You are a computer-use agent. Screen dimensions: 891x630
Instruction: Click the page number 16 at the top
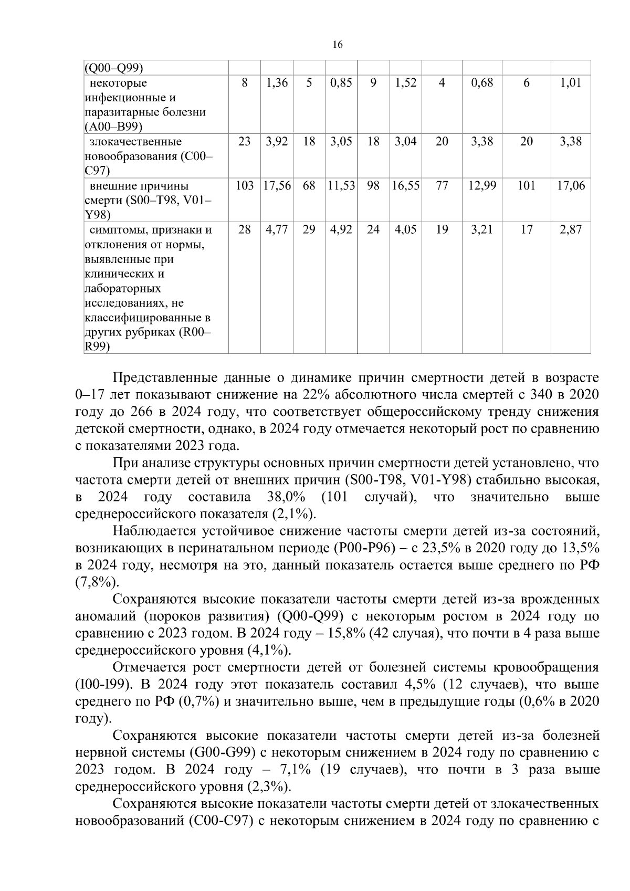[x=338, y=45]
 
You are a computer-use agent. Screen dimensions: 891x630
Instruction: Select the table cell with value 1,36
[x=277, y=83]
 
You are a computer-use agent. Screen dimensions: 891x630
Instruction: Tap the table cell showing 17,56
[x=277, y=186]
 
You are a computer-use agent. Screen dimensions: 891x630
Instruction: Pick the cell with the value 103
[x=245, y=186]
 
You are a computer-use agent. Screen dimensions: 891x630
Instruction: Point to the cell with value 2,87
[x=571, y=230]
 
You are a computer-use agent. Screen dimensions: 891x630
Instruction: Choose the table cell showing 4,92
[x=341, y=230]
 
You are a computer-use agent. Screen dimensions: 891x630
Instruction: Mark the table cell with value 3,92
[x=277, y=142]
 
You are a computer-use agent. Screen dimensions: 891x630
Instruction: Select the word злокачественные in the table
[x=135, y=142]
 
